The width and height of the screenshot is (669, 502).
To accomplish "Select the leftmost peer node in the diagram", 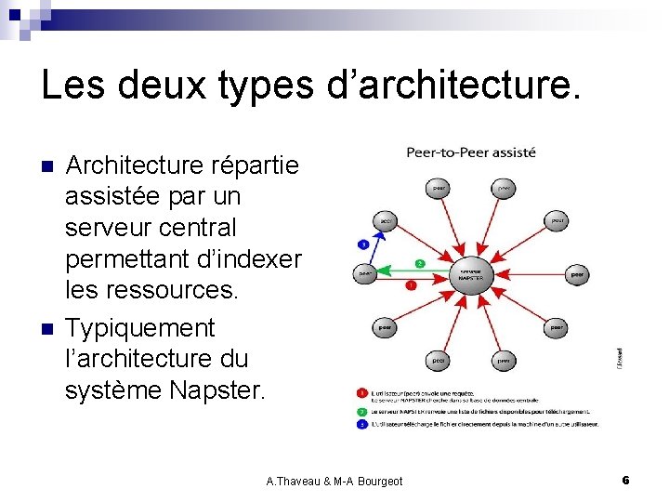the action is [366, 274].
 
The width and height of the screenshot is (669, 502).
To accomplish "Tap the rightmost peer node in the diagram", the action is [577, 274].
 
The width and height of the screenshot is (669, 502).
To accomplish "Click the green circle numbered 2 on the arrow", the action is [420, 263].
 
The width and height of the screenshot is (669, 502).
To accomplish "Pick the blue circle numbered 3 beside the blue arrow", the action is [364, 244].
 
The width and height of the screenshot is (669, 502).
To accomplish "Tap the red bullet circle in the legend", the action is [361, 394].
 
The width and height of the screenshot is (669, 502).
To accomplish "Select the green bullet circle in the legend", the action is [361, 410].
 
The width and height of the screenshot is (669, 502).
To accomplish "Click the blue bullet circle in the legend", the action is [361, 423].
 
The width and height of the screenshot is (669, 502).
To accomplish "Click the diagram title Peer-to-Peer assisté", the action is [470, 152].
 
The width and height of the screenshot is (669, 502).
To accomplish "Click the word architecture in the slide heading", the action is [464, 86].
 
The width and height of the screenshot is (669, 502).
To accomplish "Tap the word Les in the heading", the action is [73, 86].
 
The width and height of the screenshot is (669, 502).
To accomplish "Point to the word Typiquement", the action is [139, 328].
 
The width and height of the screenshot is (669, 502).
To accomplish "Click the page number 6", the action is [625, 480].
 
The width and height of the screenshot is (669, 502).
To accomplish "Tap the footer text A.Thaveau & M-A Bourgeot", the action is [334, 481].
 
